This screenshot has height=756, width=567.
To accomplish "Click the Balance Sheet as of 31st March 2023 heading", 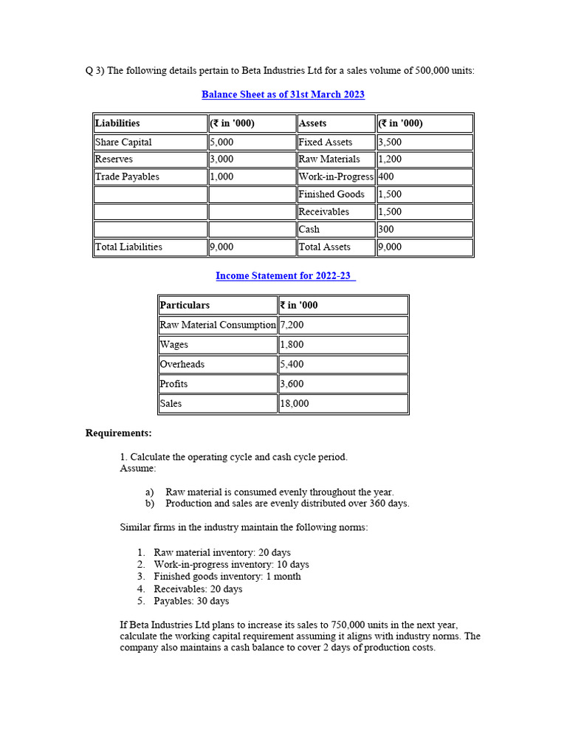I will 283,94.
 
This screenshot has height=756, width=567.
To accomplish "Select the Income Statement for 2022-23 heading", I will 284,275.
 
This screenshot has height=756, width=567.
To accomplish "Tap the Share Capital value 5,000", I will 221,142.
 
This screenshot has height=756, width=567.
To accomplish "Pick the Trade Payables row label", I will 127,176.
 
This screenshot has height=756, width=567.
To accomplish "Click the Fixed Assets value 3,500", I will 390,142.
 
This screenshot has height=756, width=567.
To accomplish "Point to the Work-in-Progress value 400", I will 386,176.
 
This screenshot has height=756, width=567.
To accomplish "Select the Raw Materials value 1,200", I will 390,159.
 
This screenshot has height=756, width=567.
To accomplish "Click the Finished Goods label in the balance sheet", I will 331,194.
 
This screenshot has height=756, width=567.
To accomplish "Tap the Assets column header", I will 313,123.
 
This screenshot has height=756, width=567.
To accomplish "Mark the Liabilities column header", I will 117,123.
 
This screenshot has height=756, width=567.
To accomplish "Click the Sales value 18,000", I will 295,404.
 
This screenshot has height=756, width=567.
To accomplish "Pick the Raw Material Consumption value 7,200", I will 292,325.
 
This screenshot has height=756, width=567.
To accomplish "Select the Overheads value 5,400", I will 292,364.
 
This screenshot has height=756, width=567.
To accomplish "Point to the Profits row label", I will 174,384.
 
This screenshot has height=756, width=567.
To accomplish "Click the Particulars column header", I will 185,305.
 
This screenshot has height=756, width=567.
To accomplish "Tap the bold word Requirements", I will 119,433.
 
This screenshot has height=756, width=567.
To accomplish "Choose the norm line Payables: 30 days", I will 191,602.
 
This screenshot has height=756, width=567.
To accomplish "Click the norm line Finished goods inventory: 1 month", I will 227,577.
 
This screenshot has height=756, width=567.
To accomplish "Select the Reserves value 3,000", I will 221,159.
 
